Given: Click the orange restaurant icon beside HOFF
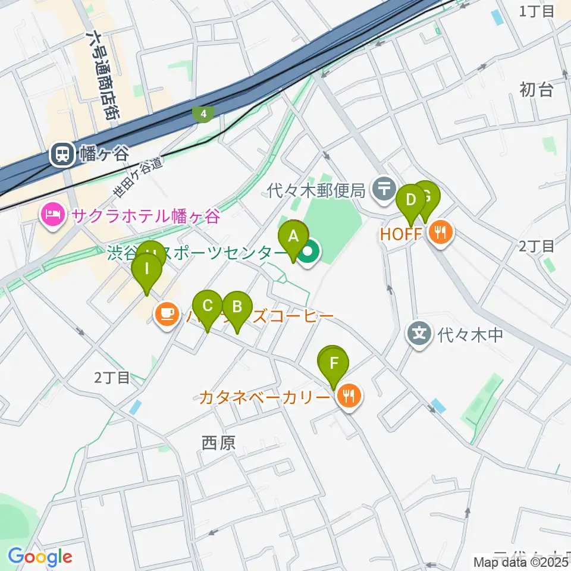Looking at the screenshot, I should (x=440, y=232).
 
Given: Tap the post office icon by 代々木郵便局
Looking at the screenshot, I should (x=384, y=189).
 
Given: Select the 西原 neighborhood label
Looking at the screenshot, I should (x=219, y=442).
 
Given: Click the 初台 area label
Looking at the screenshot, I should (x=537, y=89).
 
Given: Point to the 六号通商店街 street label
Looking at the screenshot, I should (x=101, y=74).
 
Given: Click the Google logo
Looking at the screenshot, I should (x=40, y=557).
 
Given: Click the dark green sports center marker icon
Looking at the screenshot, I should (x=308, y=254).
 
